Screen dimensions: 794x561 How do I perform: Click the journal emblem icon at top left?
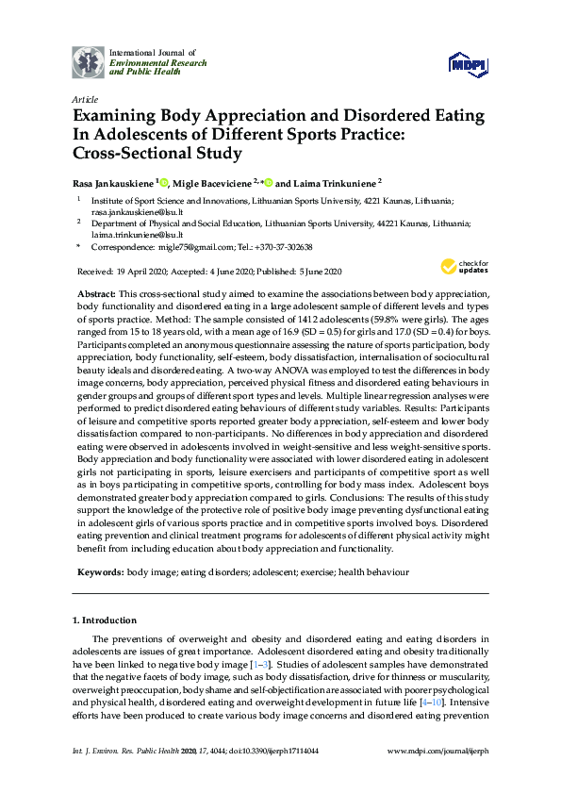click(x=88, y=61)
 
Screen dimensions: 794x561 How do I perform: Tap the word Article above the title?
click(x=84, y=99)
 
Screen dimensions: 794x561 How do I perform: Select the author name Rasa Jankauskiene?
click(x=112, y=183)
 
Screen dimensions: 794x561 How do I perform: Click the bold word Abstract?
click(x=96, y=295)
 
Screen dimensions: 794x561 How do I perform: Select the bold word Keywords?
click(x=99, y=571)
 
